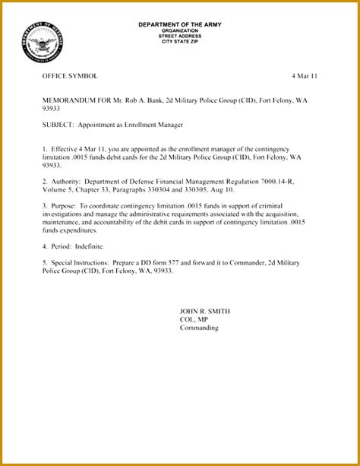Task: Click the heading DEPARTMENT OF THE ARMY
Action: click(x=179, y=24)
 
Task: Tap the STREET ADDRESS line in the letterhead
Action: click(x=179, y=36)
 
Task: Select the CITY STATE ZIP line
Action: click(x=179, y=41)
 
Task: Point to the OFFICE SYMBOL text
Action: click(x=70, y=77)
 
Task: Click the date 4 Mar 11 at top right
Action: click(x=305, y=77)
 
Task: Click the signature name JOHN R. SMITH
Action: click(x=204, y=312)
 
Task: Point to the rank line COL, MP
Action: click(x=193, y=320)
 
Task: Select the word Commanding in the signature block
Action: click(x=198, y=328)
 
